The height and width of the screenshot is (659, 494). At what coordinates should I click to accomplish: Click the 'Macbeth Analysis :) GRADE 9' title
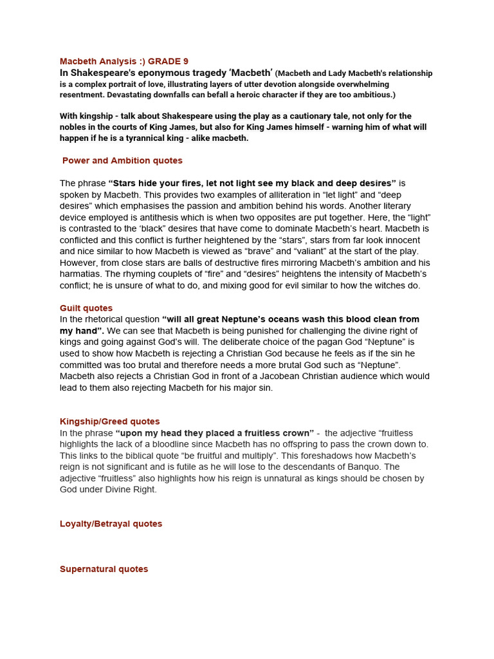[x=124, y=61]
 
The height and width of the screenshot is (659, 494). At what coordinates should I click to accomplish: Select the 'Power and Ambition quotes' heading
[x=122, y=160]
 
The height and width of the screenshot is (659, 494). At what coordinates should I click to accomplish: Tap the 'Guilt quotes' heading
[x=86, y=308]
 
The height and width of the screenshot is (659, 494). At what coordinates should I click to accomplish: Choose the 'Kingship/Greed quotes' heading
[x=110, y=422]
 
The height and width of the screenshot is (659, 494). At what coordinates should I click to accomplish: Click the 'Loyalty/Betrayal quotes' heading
[x=111, y=524]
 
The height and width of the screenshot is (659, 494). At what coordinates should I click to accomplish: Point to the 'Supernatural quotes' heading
[x=104, y=569]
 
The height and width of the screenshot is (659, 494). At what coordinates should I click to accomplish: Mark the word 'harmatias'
[x=82, y=274]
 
